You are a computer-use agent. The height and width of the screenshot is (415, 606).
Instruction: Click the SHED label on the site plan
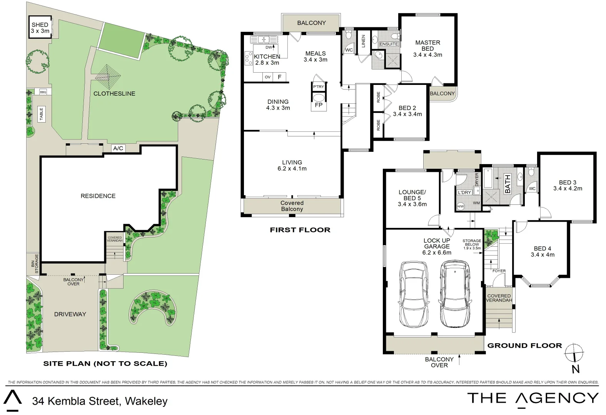(40, 25)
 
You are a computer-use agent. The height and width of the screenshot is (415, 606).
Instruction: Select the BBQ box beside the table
(43, 92)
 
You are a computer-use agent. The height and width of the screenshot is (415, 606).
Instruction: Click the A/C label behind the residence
(118, 148)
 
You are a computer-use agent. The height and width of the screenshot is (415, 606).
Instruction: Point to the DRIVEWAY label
(70, 314)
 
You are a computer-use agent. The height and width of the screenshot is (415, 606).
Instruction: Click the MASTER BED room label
(427, 46)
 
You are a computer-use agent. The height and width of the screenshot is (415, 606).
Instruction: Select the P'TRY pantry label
(318, 87)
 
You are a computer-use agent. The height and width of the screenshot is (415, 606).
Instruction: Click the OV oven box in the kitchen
(268, 77)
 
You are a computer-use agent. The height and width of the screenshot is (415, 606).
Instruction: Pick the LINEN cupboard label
(363, 41)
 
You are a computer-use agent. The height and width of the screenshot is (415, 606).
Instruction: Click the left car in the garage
(413, 294)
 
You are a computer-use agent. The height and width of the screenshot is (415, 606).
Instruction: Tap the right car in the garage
(455, 294)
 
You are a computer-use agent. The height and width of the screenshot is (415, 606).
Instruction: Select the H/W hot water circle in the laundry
(460, 207)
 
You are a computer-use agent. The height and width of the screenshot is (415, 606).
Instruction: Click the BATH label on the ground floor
(508, 184)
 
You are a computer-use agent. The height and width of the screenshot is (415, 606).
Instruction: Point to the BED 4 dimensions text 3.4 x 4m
(543, 255)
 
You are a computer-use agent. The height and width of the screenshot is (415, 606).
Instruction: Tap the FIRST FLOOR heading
(300, 230)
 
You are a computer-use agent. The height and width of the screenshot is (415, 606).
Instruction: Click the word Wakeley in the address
(146, 402)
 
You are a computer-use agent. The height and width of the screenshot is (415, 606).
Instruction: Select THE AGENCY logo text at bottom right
(533, 398)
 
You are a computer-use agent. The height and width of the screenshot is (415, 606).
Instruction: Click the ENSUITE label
(389, 44)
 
